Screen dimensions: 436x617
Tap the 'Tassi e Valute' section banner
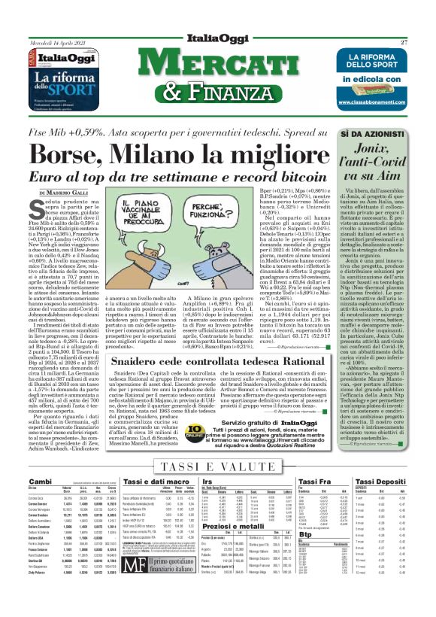(218, 466)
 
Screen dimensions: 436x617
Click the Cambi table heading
(40, 482)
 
